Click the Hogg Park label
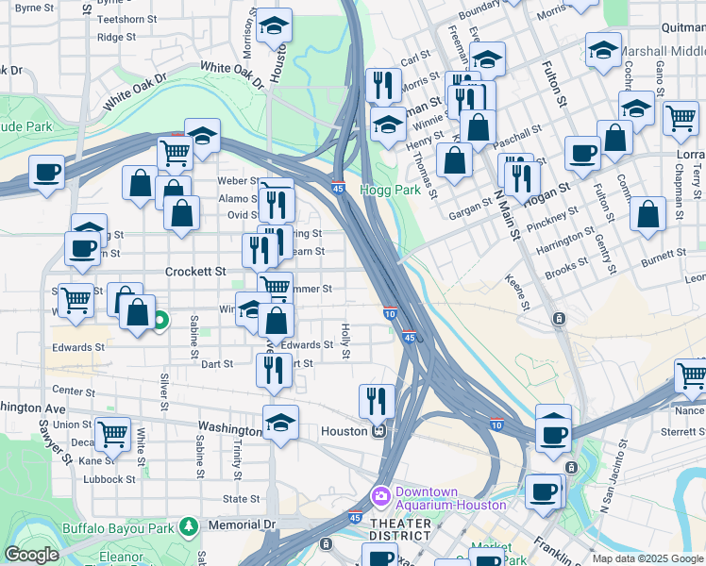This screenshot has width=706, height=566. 380,190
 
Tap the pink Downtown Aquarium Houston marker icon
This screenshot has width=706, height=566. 381,494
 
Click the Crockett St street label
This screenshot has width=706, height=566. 196,271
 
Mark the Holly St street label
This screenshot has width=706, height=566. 346,341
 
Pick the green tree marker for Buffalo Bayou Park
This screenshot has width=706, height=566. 189,524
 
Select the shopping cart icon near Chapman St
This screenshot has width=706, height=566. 680,117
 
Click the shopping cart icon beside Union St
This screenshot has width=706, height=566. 112,433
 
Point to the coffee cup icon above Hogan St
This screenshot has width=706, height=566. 582,151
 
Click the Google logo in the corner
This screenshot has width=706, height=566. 31,555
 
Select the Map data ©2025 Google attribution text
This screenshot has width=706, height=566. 647,558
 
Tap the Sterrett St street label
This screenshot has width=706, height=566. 682,431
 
